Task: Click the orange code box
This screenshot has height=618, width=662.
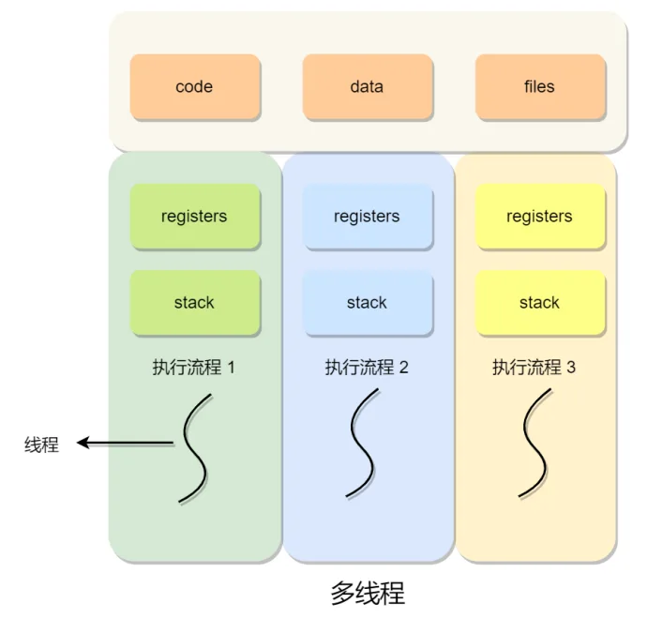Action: coord(195,86)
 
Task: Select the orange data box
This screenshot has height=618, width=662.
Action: coord(368,86)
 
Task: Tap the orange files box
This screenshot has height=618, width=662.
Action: coord(540,86)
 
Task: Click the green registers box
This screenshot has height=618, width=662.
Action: coord(195,216)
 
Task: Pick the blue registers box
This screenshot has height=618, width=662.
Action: coord(368,216)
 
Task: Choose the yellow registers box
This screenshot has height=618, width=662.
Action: coord(540,216)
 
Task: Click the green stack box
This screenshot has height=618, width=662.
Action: coord(195,303)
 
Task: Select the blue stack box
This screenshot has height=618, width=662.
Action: coord(368,303)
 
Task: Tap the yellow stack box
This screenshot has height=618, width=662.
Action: coord(540,303)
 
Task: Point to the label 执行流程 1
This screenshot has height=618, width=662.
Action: coord(194,368)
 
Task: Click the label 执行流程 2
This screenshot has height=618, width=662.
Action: coord(367,368)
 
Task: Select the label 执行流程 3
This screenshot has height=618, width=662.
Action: coord(534,368)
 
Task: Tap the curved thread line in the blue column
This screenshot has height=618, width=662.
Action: coord(361,443)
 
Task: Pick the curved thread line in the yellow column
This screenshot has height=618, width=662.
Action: coord(534,443)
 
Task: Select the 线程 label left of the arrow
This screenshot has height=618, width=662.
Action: coord(41,445)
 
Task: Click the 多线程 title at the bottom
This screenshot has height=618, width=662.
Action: coord(368,593)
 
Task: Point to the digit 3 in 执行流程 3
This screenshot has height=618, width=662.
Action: coord(571,368)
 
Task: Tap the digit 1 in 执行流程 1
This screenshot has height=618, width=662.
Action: coord(231,368)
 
